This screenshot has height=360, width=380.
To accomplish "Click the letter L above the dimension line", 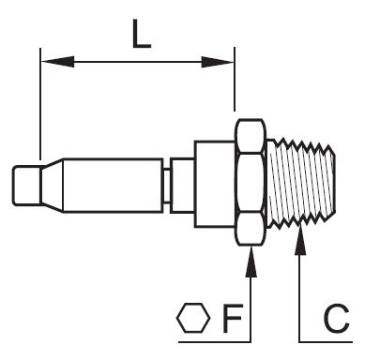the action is [x=142, y=34].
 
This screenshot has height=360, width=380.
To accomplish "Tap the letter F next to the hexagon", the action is [x=233, y=318].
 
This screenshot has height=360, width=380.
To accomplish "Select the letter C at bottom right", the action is [x=337, y=318].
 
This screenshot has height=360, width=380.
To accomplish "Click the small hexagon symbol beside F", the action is [x=193, y=318].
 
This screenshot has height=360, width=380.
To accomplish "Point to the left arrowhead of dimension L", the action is [x=58, y=62].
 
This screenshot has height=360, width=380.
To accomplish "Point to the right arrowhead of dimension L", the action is [x=218, y=62].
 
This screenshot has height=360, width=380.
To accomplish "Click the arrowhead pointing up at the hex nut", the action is [x=251, y=262].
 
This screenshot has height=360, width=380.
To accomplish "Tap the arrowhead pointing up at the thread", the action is [x=300, y=240].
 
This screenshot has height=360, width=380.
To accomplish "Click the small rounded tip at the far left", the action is [x=27, y=186].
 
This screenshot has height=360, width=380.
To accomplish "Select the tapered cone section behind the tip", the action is [x=53, y=186].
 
